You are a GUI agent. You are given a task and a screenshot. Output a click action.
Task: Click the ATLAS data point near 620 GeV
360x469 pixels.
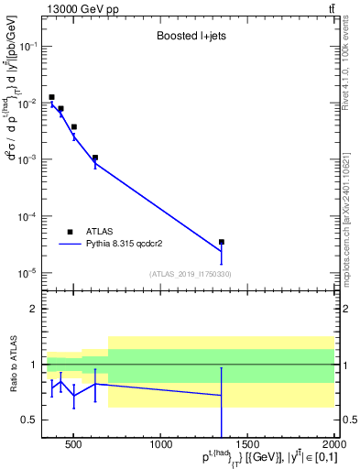(x=95, y=158)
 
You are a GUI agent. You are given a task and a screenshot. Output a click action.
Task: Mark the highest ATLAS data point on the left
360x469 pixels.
(x=52, y=97)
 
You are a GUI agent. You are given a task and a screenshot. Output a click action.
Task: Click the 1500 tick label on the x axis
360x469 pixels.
(x=248, y=447)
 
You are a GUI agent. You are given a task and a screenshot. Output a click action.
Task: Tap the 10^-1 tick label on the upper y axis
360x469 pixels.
(x=26, y=46)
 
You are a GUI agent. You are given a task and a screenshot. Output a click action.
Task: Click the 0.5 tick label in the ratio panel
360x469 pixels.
(x=29, y=420)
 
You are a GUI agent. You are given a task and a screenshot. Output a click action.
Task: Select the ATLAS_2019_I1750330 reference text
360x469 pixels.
(x=190, y=274)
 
